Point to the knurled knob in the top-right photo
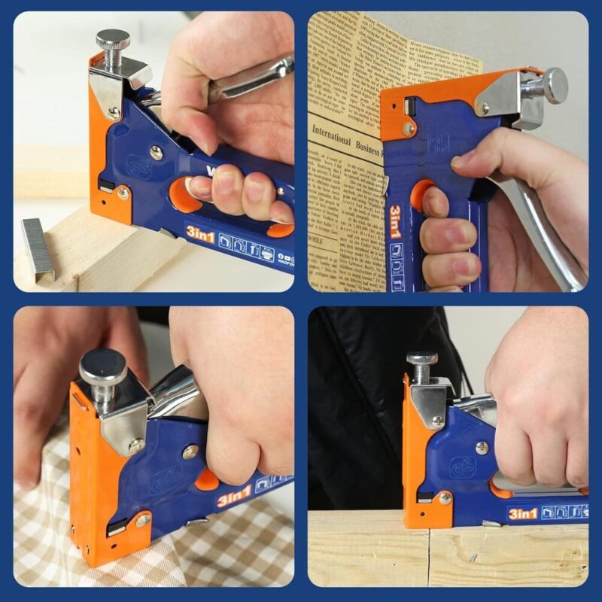[x=555, y=84]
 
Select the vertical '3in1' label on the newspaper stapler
[x=394, y=227]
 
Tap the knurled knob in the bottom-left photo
[x=103, y=366]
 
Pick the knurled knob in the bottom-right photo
[x=422, y=360]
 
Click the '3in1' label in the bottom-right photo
[x=522, y=513]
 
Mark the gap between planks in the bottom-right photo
[x=430, y=557]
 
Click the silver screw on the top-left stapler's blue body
[x=157, y=152]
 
